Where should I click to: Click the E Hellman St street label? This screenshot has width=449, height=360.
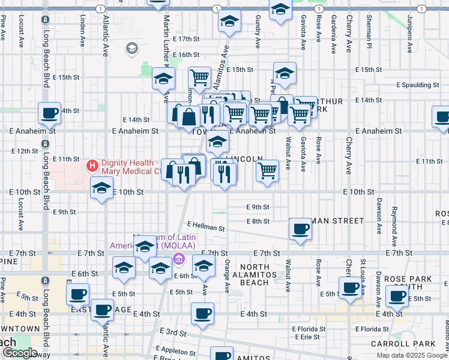click(x=205, y=228)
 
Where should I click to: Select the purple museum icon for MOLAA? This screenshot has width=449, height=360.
click(x=179, y=259)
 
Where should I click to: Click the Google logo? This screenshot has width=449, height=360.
click(x=20, y=353)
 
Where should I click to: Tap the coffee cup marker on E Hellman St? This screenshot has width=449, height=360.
click(x=300, y=229)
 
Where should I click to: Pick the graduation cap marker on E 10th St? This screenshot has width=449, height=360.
click(x=102, y=188)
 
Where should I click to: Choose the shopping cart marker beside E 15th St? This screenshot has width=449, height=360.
click(x=199, y=77)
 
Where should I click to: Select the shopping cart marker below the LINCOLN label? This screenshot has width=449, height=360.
click(x=267, y=170)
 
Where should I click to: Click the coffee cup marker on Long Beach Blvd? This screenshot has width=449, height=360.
click(x=49, y=112)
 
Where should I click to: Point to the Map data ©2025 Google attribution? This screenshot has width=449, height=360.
click(x=411, y=355)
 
